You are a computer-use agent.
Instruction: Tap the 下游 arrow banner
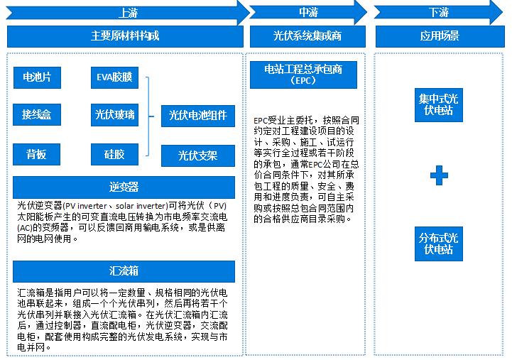pos(439,12)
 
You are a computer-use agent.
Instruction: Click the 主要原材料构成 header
pos(125,36)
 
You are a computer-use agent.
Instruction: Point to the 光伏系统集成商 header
pos(307,36)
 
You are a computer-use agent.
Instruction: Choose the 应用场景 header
pos(439,36)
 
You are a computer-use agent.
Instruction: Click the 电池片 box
pos(37,77)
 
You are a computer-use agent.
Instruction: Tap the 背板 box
pos(37,154)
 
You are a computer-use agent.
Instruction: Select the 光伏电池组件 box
pos(197,115)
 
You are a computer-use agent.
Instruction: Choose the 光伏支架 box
pos(197,156)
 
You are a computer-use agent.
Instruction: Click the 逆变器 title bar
pos(124,187)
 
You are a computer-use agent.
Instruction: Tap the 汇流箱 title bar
pos(124,271)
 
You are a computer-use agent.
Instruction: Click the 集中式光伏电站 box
pos(439,104)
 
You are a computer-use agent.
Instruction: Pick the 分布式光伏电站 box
pos(439,243)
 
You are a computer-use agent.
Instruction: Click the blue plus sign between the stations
pos(439,175)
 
